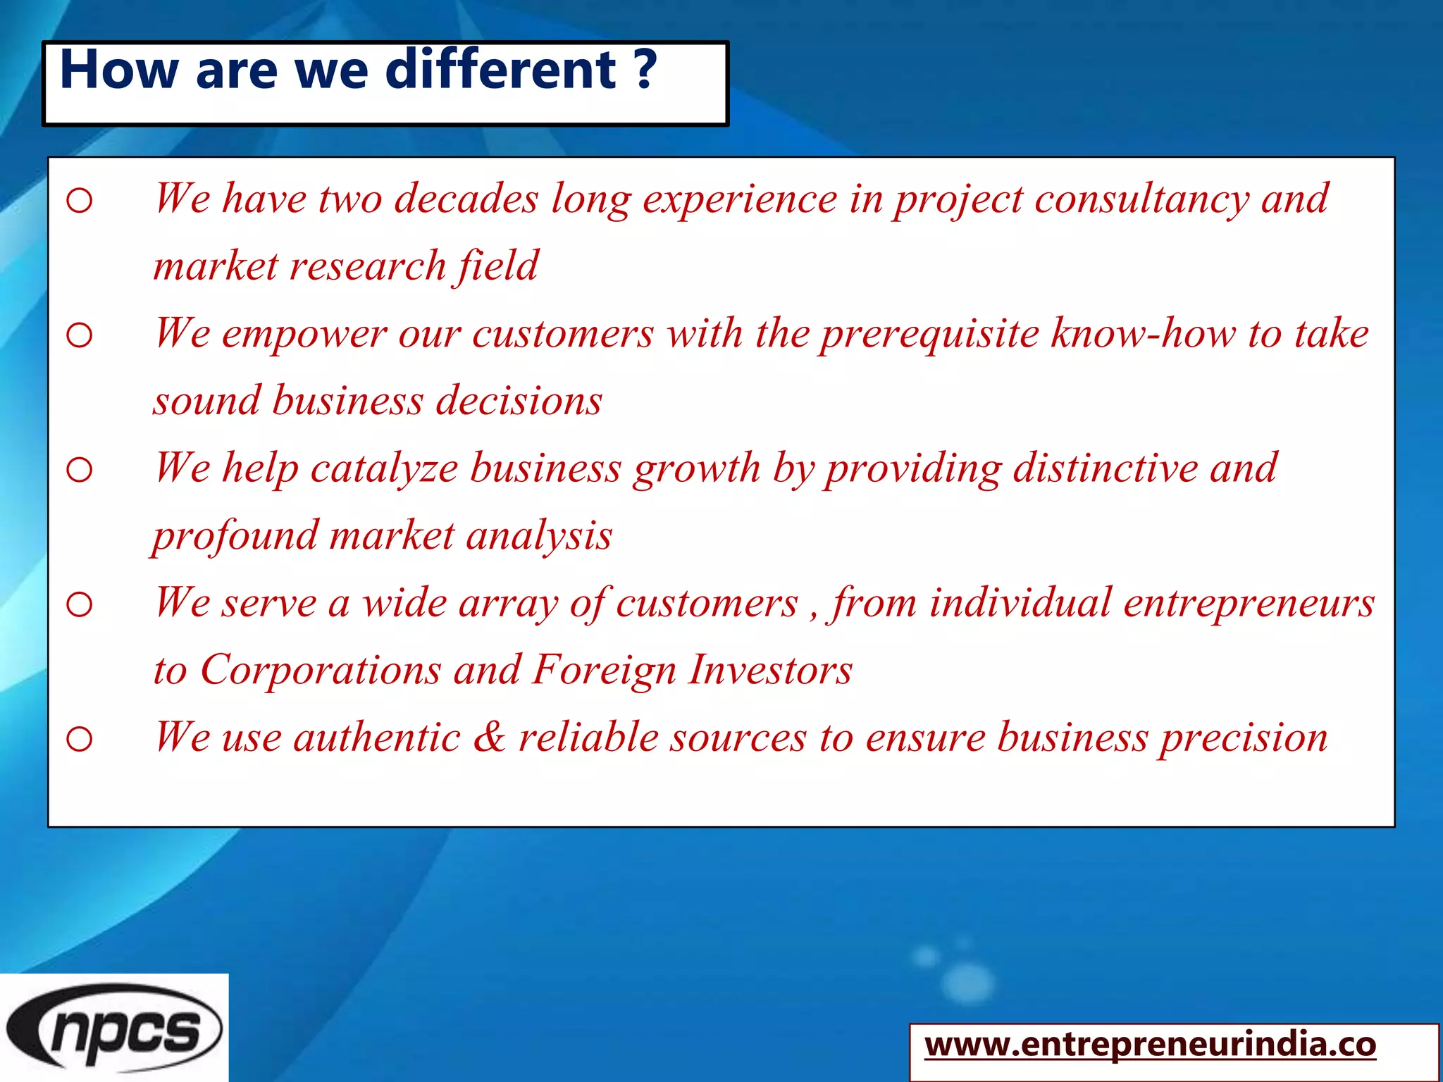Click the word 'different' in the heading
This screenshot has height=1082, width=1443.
(501, 70)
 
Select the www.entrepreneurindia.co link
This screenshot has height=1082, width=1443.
(1150, 1044)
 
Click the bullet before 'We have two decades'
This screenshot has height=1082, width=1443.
(79, 201)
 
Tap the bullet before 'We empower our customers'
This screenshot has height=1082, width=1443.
(79, 335)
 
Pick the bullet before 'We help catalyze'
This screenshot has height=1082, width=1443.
(79, 470)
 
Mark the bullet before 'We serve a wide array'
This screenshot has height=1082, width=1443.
(79, 604)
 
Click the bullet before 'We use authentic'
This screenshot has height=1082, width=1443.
(79, 739)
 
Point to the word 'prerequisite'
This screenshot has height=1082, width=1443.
(929, 334)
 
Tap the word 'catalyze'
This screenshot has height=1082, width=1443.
(384, 469)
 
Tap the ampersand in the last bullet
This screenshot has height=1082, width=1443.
(489, 737)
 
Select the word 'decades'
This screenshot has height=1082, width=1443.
(466, 199)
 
